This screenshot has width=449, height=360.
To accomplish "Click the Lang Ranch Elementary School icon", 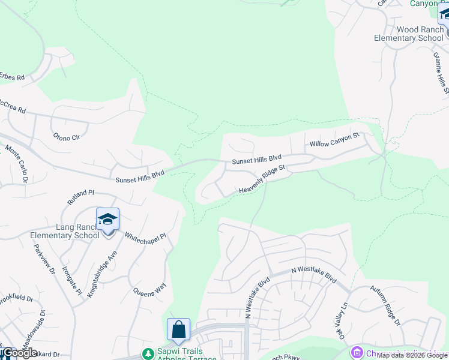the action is tap(107, 219).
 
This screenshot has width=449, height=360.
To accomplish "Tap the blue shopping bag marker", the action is tap(178, 330).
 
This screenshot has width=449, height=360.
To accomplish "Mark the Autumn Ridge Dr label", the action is tap(385, 305).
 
